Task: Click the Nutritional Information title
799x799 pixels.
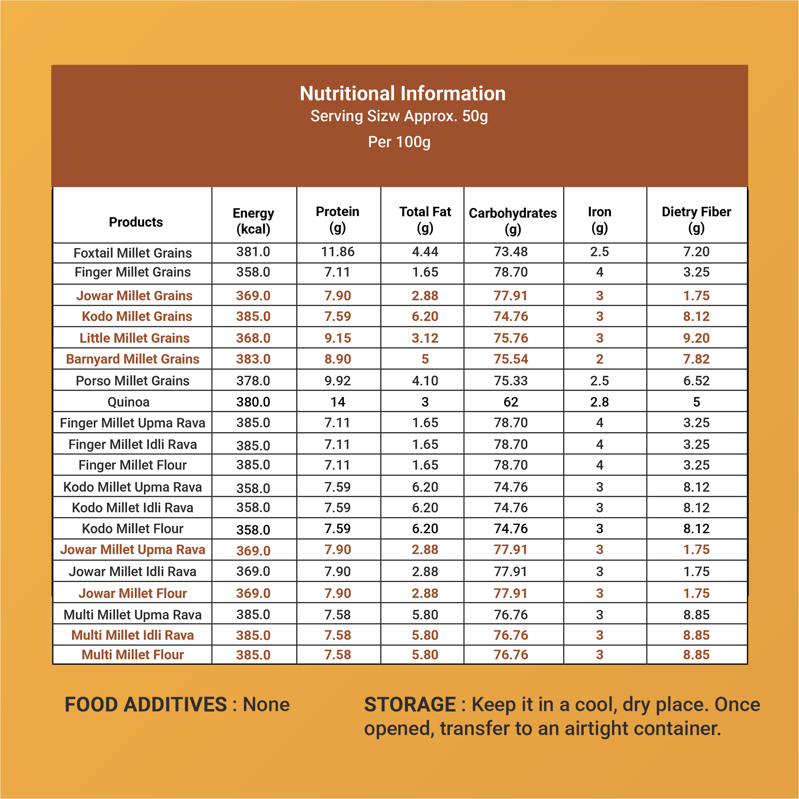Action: pos(402,93)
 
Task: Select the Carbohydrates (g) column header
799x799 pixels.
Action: pos(513,221)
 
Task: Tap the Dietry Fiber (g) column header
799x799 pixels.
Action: pos(696,220)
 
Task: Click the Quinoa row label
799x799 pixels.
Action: pos(129,402)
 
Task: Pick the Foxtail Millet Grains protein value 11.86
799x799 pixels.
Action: pos(338,251)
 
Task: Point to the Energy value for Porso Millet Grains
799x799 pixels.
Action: pos(253,380)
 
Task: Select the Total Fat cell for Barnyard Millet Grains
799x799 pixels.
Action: pos(425,359)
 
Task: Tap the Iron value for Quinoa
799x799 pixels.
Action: pos(600,402)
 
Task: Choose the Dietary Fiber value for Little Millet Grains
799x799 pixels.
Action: pos(696,338)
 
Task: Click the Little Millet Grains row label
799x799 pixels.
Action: pos(134,338)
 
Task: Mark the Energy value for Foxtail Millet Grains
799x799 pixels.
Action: pos(253,251)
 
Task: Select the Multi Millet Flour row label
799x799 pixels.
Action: pos(133,655)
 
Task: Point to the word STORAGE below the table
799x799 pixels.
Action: pos(410,705)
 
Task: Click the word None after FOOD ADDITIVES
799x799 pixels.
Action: pos(266,705)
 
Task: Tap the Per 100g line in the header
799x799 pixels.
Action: pos(399,142)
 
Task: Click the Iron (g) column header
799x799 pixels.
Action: pos(600,220)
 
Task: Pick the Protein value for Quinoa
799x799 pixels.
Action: pos(338,402)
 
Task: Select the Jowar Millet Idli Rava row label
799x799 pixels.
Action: pos(133,572)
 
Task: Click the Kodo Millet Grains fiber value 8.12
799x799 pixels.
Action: pos(696,316)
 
